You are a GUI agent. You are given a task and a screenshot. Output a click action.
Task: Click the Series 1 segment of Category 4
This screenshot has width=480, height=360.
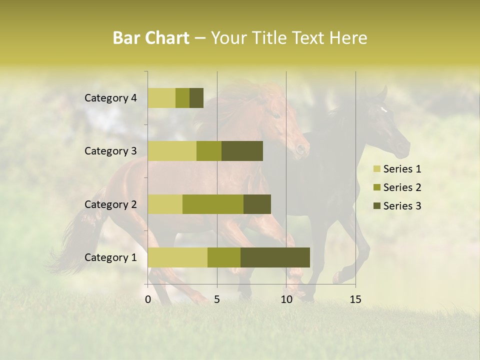(x=161, y=98)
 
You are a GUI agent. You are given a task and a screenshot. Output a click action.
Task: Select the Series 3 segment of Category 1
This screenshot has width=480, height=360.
(x=275, y=257)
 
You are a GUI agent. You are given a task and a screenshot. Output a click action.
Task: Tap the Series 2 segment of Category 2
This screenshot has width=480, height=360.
(x=213, y=204)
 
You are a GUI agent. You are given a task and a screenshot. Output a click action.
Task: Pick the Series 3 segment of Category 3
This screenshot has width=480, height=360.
(x=242, y=151)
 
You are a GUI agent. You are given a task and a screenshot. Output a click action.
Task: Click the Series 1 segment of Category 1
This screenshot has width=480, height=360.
(x=177, y=257)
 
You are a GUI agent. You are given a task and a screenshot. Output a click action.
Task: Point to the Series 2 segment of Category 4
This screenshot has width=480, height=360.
(x=182, y=98)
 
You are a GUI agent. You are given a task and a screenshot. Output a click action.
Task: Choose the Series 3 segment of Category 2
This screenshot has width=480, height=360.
(x=257, y=204)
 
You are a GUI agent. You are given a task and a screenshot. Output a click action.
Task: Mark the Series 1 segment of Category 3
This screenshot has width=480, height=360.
(x=172, y=151)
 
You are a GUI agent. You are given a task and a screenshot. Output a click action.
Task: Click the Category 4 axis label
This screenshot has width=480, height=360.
(x=110, y=98)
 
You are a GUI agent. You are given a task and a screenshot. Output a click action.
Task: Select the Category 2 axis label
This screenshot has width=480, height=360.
(x=110, y=204)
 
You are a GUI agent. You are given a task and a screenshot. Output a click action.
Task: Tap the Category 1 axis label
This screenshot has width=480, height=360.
(x=110, y=257)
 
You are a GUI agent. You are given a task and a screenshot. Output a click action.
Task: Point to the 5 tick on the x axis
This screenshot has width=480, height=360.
(x=217, y=299)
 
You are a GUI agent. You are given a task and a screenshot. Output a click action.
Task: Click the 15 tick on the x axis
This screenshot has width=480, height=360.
(x=355, y=299)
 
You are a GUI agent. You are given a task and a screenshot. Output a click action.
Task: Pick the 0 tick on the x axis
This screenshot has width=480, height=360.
(x=148, y=299)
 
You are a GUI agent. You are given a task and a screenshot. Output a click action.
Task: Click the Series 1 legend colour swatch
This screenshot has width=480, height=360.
(x=376, y=169)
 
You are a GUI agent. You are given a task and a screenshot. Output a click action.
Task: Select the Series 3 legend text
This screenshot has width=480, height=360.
(x=402, y=206)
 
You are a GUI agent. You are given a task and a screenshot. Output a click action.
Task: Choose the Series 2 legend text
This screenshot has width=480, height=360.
(x=402, y=187)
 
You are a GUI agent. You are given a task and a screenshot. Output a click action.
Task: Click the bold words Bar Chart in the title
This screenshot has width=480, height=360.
(x=150, y=38)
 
